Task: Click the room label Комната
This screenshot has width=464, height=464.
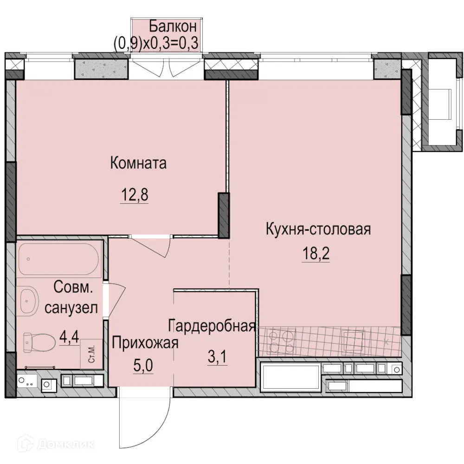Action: (138, 163)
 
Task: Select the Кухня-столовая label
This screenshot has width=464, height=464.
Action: (318, 229)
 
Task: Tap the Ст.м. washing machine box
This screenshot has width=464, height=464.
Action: (91, 354)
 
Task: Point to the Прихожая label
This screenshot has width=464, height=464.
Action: (145, 343)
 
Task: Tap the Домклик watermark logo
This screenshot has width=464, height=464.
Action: (49, 444)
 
